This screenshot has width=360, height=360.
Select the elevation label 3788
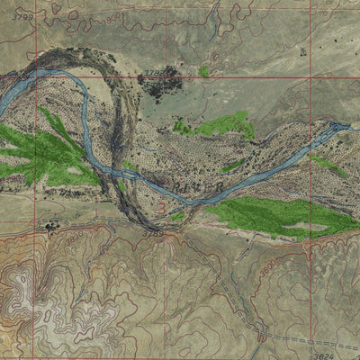click(154, 71)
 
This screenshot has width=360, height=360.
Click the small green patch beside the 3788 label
click(204, 71)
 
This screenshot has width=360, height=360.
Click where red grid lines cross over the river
click(34, 77)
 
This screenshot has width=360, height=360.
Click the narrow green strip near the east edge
click(328, 166)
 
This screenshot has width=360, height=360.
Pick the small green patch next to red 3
click(177, 216)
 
